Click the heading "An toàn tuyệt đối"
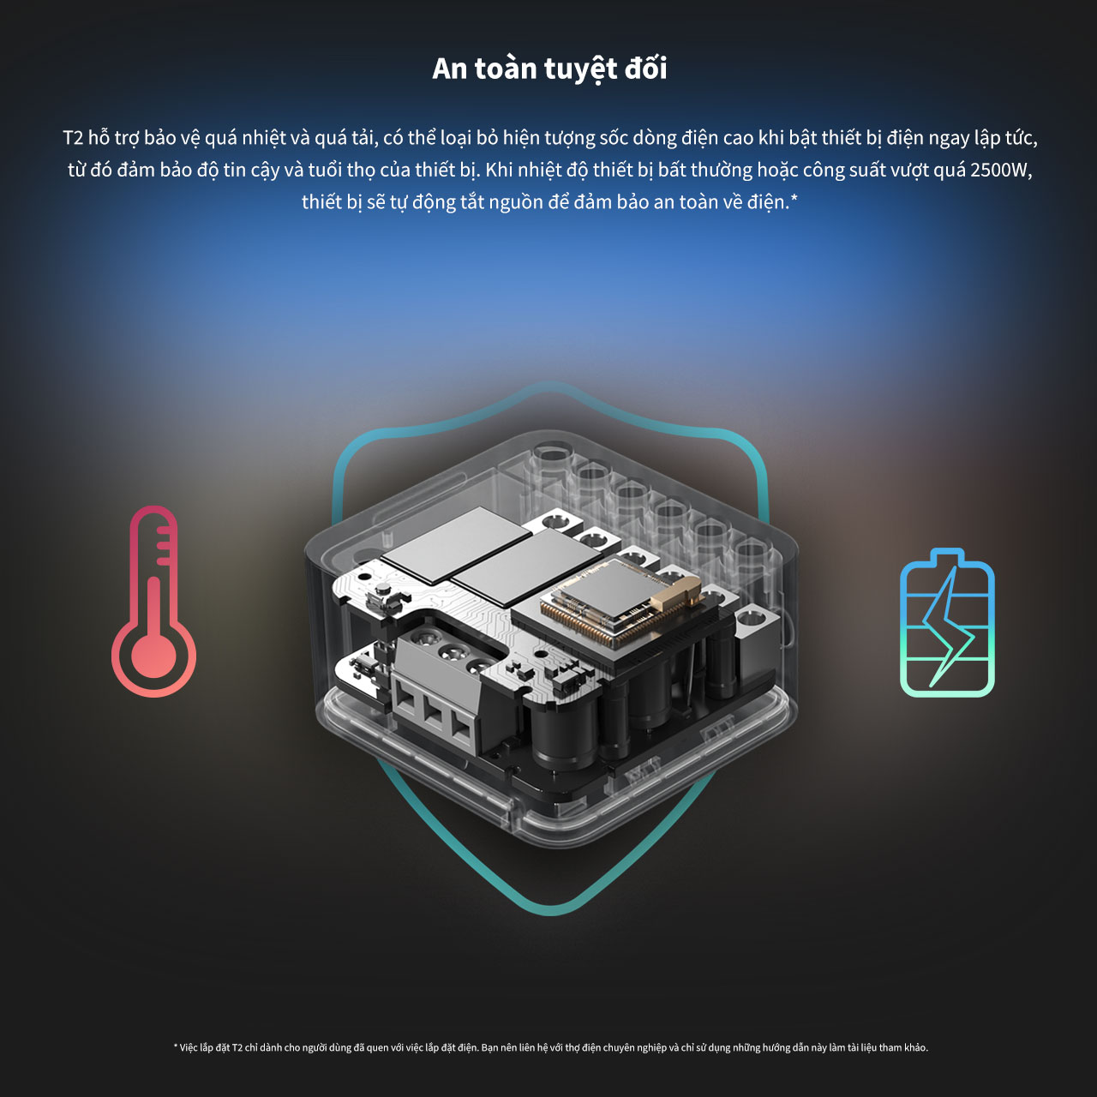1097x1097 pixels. coord(548,69)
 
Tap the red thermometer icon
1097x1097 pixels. coord(153,601)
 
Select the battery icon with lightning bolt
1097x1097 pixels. coord(947,622)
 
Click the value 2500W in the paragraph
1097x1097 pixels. coord(1001,170)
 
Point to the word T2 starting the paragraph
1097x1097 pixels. coord(73,138)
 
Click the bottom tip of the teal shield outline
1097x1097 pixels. coord(550,914)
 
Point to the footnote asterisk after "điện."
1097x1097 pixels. coord(794,199)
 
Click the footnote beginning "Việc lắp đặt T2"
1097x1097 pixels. coord(550,1047)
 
